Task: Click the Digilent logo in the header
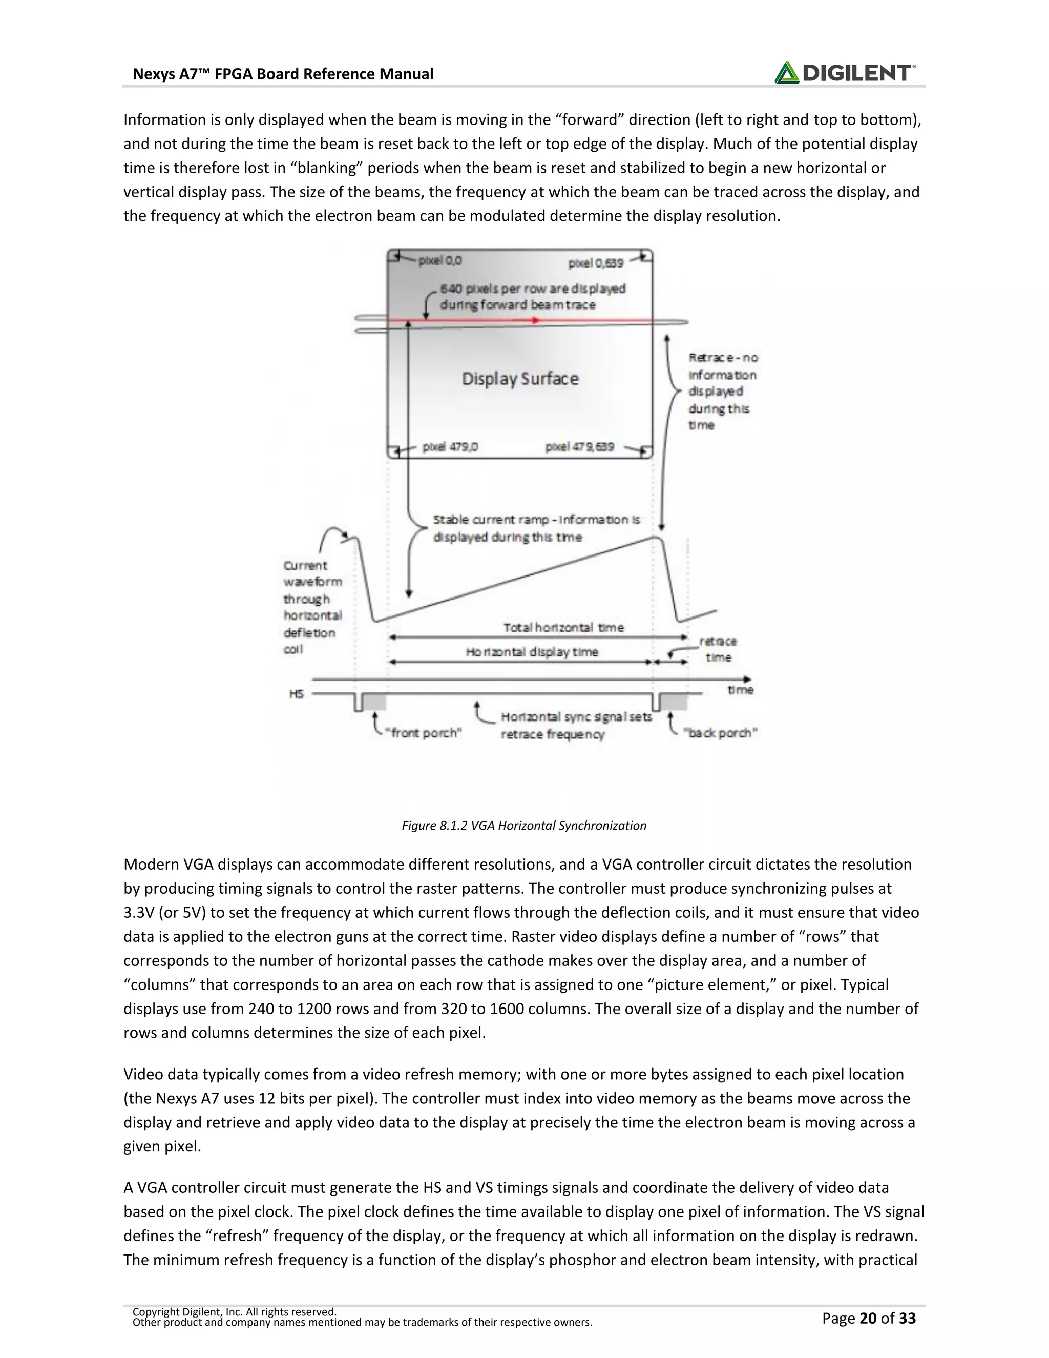pos(845,73)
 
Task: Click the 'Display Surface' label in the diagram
pos(519,379)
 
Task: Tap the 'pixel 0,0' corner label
pos(440,261)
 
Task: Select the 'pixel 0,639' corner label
pos(595,263)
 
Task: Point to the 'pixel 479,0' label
pos(450,446)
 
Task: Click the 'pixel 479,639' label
pos(579,446)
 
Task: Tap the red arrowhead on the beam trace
pos(536,320)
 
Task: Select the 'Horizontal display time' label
pos(532,652)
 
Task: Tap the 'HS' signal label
pos(297,693)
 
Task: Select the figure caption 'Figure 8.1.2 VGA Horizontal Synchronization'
pos(524,825)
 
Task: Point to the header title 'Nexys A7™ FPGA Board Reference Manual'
pos(283,74)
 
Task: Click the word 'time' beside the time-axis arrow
pos(740,690)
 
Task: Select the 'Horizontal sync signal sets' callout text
pos(576,717)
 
